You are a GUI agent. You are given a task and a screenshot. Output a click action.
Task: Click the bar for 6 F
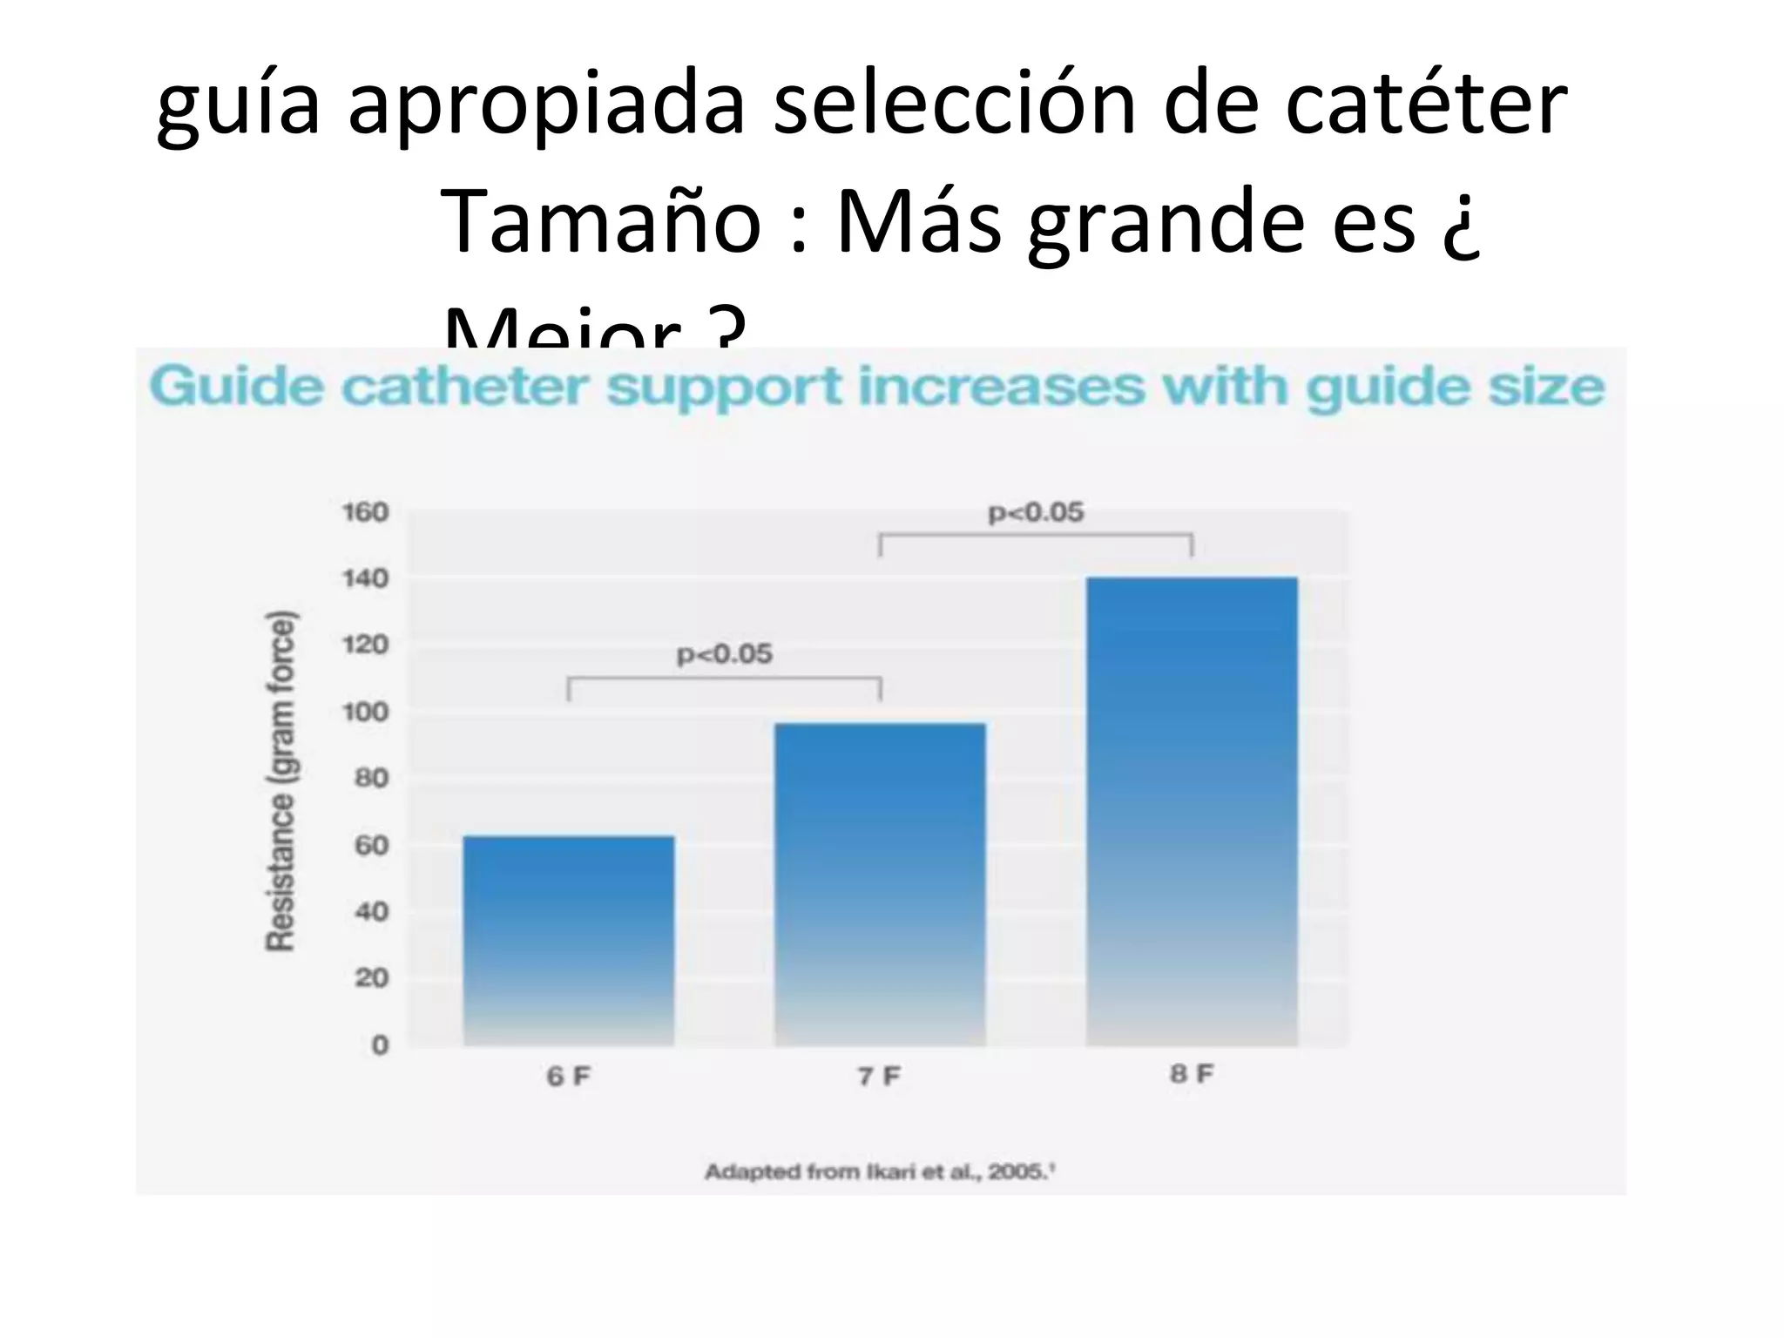coord(568,941)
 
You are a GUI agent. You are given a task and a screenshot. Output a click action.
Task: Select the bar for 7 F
coord(880,884)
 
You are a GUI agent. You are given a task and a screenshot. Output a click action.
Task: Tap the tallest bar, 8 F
coord(1192,810)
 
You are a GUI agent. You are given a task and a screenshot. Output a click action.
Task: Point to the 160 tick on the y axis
coord(364,512)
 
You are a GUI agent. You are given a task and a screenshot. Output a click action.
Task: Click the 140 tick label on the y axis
coord(364,578)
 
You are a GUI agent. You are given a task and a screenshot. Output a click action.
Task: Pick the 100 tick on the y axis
coord(364,712)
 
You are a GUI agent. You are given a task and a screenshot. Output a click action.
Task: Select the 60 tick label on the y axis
coord(369,845)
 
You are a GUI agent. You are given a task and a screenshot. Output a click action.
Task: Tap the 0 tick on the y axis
coord(380,1044)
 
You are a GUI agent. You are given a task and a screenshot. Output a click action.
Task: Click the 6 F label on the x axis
coord(568,1077)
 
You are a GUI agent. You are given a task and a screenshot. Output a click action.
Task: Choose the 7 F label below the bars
coord(880,1077)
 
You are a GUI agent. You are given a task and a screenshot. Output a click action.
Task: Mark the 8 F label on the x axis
coord(1192,1074)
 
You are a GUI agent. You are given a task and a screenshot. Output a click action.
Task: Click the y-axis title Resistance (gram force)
coord(280,780)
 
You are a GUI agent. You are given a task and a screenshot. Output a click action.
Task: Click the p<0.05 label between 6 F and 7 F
coord(725,653)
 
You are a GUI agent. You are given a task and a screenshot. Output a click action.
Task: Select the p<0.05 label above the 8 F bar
coord(1036,512)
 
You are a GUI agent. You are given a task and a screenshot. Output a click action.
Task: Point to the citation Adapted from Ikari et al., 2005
coord(880,1172)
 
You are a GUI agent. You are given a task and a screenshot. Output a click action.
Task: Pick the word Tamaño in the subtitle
coord(602,221)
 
